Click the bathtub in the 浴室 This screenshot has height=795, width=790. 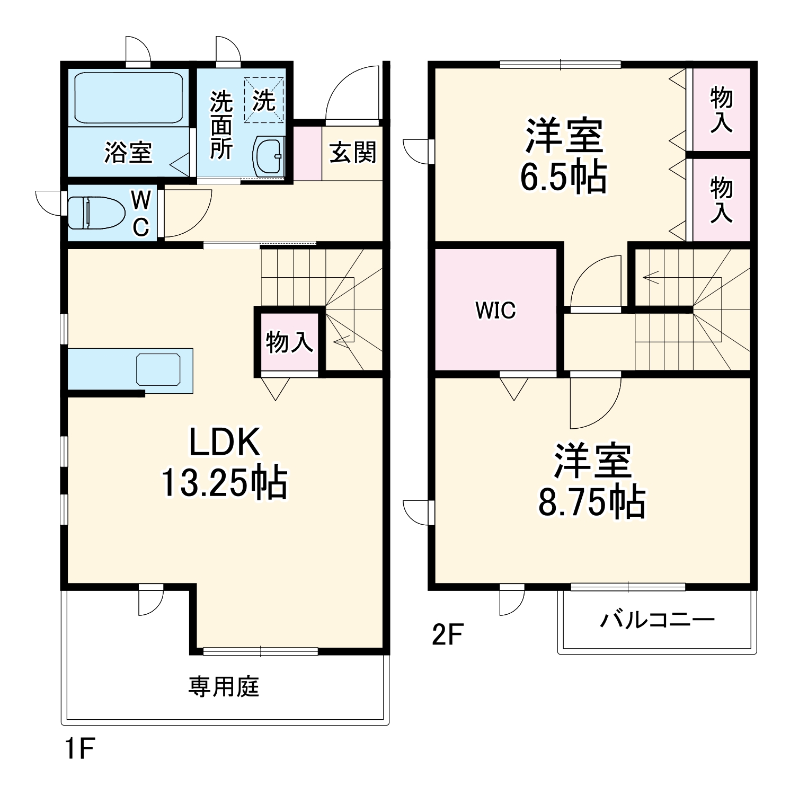128,98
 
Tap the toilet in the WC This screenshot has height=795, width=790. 95,213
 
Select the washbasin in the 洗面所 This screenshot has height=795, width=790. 269,156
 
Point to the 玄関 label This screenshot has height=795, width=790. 352,153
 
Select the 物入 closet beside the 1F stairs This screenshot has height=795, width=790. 289,343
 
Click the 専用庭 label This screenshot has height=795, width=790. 224,687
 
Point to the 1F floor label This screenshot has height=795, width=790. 79,749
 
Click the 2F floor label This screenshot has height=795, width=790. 448,635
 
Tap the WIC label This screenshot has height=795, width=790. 495,311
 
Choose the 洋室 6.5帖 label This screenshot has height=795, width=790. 563,156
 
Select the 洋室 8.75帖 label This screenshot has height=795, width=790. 592,481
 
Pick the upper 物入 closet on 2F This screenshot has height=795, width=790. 721,110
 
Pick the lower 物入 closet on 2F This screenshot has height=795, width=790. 721,200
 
